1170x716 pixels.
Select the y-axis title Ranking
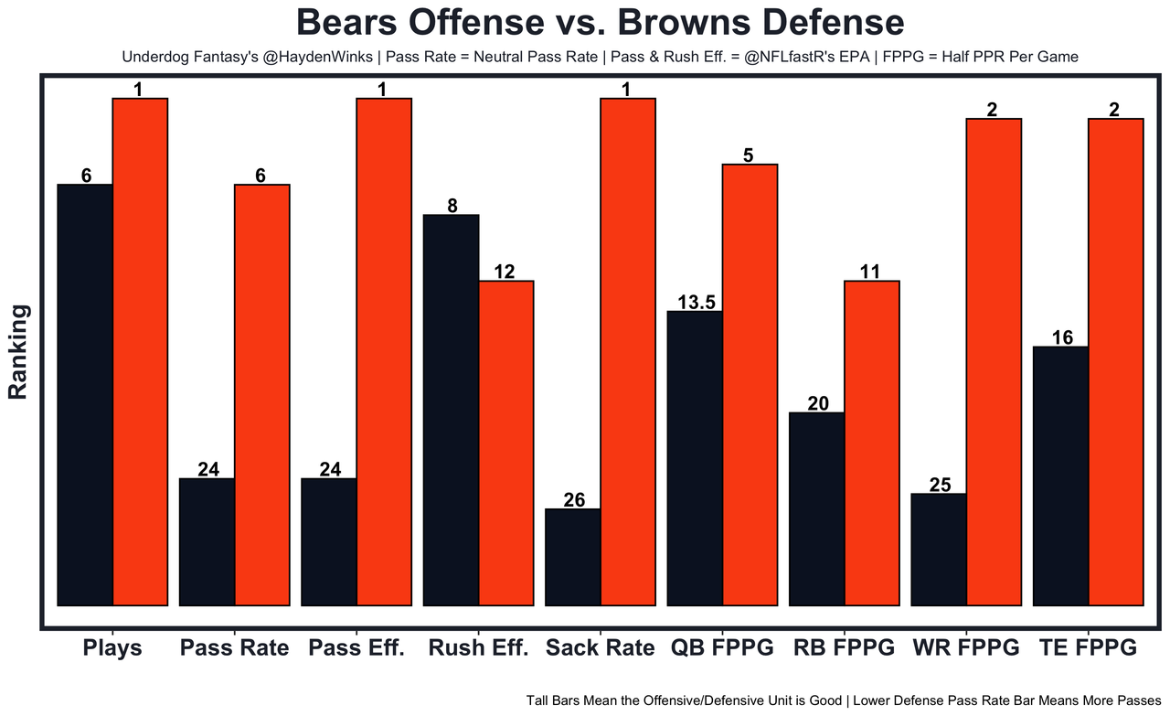click(18, 352)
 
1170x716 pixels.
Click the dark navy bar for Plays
click(85, 394)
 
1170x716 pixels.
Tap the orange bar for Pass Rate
click(262, 394)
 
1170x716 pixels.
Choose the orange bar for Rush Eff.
click(506, 443)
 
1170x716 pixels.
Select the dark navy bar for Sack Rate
click(572, 557)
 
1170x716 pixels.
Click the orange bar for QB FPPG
click(750, 384)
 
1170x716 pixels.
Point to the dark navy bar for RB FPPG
click(816, 508)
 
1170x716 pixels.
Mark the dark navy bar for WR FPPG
click(939, 549)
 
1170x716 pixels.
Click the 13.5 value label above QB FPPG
click(696, 303)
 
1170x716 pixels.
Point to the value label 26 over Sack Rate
click(574, 500)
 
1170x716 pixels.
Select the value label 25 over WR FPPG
click(940, 486)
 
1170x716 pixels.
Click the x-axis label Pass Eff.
click(356, 648)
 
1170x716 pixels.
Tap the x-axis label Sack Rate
click(600, 648)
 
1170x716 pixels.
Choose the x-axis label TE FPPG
click(1088, 648)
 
